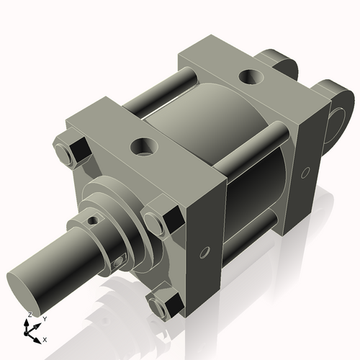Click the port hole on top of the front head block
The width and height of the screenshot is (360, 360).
pos(142,148)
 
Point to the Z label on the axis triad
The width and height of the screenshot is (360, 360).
pos(29,315)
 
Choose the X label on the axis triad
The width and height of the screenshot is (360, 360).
pos(45,338)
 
